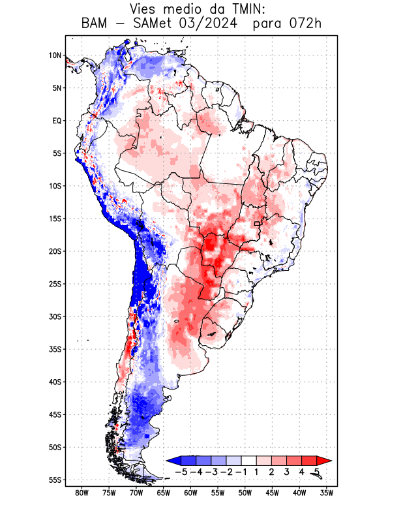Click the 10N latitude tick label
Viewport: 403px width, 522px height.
click(x=55, y=55)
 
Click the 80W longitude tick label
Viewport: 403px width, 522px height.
click(x=82, y=493)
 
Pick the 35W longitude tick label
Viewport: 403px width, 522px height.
click(x=327, y=493)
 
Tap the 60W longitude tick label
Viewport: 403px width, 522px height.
click(x=190, y=493)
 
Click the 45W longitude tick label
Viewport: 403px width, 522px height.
click(x=273, y=493)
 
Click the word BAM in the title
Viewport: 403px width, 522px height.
click(x=97, y=24)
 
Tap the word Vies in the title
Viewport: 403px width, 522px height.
click(x=145, y=9)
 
